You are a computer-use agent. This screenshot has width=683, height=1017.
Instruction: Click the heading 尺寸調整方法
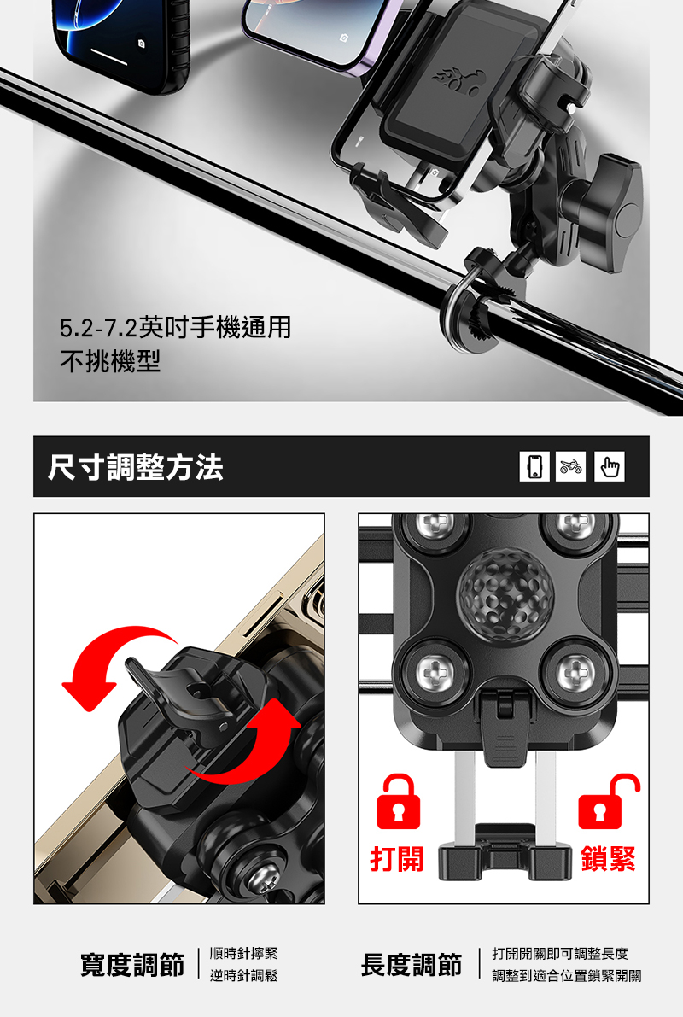(136, 467)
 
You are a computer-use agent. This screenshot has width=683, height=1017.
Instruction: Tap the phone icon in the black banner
(534, 466)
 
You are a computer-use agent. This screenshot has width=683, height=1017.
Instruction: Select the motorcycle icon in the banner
(571, 466)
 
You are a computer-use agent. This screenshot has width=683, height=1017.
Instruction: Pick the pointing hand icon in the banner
(609, 466)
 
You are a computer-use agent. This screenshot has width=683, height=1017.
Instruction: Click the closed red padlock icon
(398, 802)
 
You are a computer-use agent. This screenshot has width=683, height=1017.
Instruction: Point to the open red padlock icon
(609, 802)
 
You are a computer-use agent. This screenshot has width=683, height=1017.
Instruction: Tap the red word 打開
(397, 859)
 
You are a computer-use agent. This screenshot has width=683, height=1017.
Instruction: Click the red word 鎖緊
(609, 859)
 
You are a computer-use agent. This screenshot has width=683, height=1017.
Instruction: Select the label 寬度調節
(132, 964)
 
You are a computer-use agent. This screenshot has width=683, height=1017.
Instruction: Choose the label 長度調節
(412, 964)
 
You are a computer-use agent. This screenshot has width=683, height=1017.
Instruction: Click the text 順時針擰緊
(244, 954)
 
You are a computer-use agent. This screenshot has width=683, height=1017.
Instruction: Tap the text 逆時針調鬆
(244, 975)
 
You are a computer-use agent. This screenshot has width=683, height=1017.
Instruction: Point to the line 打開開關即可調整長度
(560, 954)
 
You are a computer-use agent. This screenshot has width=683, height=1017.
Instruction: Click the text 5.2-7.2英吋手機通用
(176, 328)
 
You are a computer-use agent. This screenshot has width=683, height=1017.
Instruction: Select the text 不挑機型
(110, 361)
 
